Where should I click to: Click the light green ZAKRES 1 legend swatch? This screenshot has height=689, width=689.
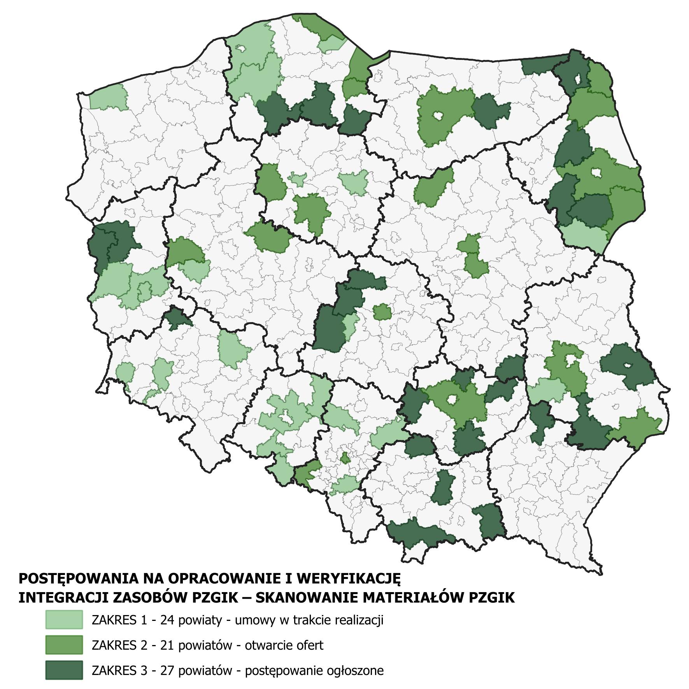point(64,620)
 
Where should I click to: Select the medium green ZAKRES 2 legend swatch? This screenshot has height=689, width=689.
point(64,645)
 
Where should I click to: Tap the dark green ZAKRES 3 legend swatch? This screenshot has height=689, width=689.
point(64,670)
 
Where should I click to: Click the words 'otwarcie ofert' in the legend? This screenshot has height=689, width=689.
point(284,645)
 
